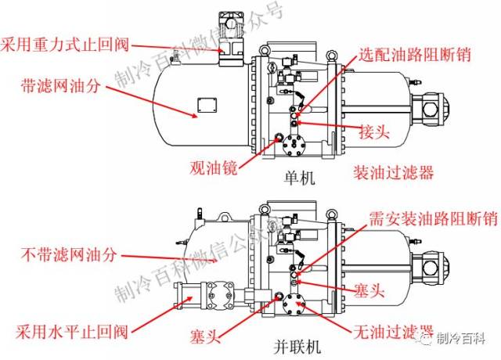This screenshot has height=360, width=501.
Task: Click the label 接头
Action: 374,131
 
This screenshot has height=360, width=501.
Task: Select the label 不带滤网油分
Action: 68,254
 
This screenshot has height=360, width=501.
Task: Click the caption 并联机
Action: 298,344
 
